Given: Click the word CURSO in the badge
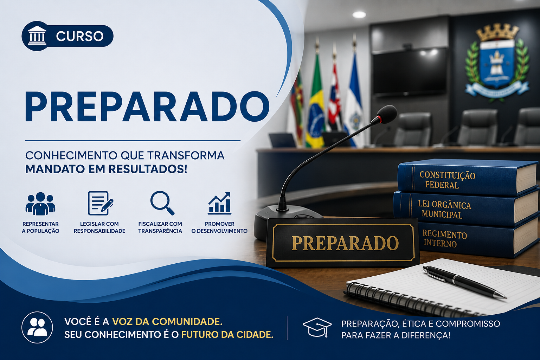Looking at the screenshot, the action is tap(79, 36).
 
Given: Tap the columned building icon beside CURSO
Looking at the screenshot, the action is tap(37, 36).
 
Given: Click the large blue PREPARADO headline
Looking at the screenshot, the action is tap(147, 107).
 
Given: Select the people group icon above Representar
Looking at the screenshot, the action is tap(40, 204).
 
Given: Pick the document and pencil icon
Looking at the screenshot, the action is tap(100, 203).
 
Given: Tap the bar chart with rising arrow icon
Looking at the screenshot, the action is tap(220, 203).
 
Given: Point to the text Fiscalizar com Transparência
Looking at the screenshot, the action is tap(160, 227).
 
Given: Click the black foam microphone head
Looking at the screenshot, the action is tap(386, 114).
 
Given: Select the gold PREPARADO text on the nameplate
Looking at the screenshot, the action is tap(345, 243).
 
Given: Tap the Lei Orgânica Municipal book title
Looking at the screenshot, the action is tap(444, 209).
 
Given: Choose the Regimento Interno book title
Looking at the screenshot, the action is tap(444, 238).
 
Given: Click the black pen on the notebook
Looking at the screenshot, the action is tap(464, 282).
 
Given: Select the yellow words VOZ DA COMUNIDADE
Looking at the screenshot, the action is tap(167, 322).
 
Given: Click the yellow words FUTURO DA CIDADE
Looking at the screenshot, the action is tap(227, 335).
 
